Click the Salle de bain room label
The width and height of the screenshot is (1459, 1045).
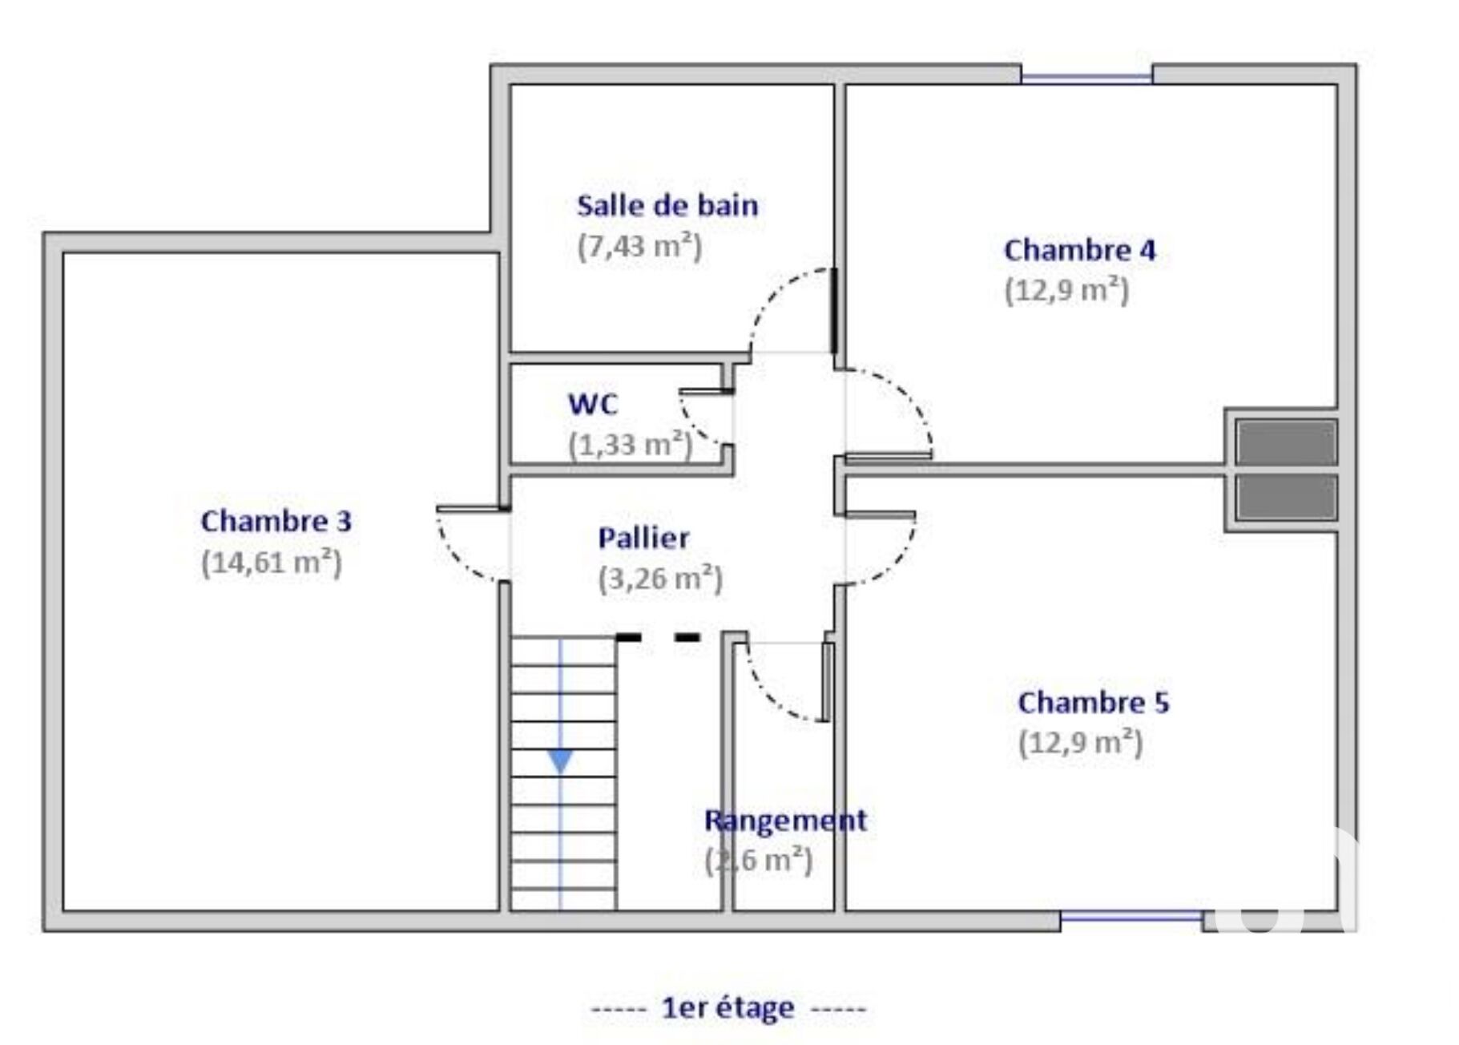tap(667, 206)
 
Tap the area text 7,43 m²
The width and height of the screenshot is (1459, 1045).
tap(639, 247)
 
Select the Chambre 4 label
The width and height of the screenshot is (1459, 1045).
tap(1079, 250)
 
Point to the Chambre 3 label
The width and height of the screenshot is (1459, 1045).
tap(276, 521)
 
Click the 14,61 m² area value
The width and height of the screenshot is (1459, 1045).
tap(272, 563)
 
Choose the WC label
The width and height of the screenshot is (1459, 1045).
tap(593, 404)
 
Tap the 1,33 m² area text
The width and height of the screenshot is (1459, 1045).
tap(631, 444)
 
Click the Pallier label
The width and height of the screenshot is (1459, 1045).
tap(643, 538)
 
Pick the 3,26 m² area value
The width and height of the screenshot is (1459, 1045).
tap(660, 579)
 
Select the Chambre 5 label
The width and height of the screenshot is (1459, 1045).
tap(1094, 703)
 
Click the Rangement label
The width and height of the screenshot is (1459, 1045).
tap(785, 820)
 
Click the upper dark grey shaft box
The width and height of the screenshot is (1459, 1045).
tap(1286, 442)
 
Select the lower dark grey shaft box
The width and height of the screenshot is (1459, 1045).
tap(1286, 497)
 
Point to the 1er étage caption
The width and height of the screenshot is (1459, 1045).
tap(727, 1007)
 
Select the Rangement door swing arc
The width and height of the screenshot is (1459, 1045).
tap(785, 681)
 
